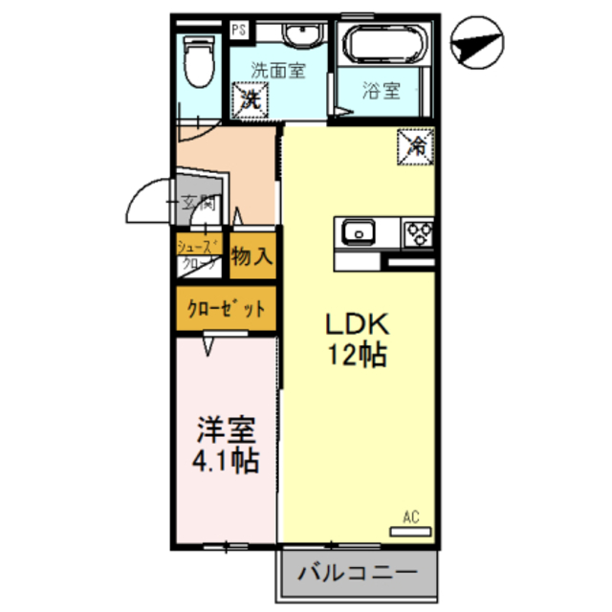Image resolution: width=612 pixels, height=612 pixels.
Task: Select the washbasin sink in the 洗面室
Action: tap(303, 35)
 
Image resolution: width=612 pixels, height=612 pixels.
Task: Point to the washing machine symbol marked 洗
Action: tap(251, 98)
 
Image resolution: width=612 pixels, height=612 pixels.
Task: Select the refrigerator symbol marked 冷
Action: tap(418, 146)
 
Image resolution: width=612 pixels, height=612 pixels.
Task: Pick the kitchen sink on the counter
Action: tap(360, 231)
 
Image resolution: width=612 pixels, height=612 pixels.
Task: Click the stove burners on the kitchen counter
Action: tap(418, 232)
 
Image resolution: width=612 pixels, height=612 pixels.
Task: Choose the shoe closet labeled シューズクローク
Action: tap(199, 255)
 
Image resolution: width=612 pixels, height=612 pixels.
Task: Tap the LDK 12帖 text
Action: tap(360, 339)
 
